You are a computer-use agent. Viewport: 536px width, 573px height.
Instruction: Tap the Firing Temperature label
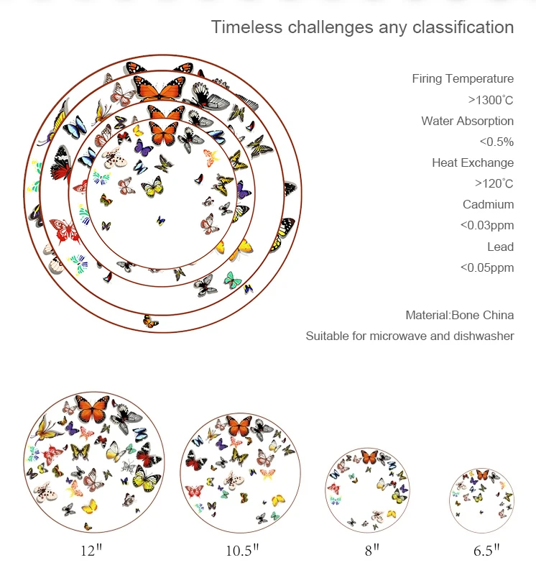tap(463, 78)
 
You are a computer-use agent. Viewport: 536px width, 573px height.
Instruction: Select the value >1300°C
tap(491, 100)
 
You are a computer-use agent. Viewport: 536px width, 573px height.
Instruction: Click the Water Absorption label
tap(467, 121)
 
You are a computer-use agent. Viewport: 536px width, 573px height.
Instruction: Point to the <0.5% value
tap(496, 142)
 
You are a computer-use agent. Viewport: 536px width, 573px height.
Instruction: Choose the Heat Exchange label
tap(473, 162)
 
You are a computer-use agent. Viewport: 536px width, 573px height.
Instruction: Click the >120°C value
tap(494, 183)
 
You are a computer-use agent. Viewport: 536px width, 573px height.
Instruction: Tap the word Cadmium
tap(488, 204)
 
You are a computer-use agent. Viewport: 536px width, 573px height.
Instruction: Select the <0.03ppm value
tap(487, 225)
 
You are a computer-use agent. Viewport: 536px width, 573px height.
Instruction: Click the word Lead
tap(500, 247)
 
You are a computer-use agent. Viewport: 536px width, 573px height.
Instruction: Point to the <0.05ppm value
tap(487, 267)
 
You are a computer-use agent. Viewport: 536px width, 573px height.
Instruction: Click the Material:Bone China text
tap(459, 315)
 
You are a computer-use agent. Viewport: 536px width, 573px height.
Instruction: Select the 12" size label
tap(91, 551)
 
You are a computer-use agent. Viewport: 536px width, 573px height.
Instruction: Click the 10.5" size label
tap(241, 551)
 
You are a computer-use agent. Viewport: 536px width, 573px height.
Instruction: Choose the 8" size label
tap(371, 551)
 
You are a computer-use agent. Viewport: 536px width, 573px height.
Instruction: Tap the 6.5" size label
tap(486, 551)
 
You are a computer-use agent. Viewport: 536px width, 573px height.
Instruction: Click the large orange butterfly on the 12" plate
tap(92, 410)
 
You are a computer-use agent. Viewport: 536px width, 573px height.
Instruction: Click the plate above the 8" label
tap(368, 488)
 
